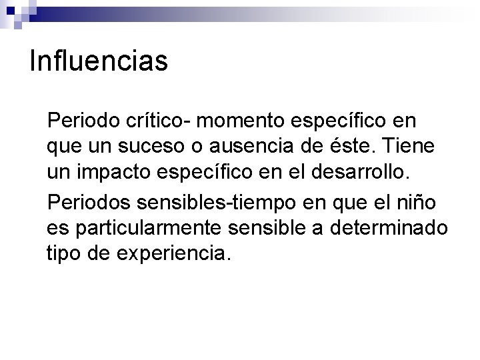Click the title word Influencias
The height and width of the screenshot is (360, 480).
pos(99,62)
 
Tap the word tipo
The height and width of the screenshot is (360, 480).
pos(65,254)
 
